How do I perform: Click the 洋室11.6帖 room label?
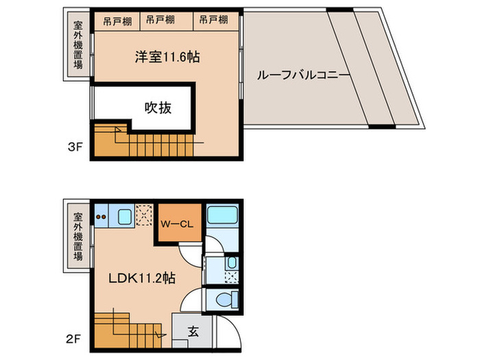tap(167, 58)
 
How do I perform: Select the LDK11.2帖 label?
tap(143, 278)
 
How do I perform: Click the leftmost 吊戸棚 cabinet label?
tap(117, 21)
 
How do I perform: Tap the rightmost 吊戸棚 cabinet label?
tap(213, 21)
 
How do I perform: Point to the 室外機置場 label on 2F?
tap(78, 237)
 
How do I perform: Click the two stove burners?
tap(101, 217)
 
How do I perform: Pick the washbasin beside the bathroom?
tap(231, 263)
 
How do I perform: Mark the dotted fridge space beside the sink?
tap(145, 215)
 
